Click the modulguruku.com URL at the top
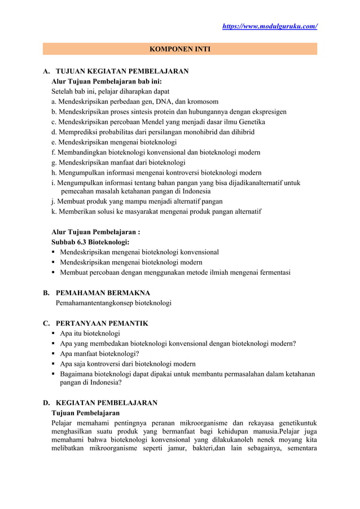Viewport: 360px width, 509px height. (x=270, y=26)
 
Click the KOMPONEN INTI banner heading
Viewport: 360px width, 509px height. (x=179, y=50)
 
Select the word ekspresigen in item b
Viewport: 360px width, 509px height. (x=267, y=112)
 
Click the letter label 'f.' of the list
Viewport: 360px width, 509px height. (x=54, y=152)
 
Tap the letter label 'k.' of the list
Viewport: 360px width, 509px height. (x=54, y=212)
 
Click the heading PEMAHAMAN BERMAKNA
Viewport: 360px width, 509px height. (x=103, y=293)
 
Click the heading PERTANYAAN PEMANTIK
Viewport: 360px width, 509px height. (x=102, y=323)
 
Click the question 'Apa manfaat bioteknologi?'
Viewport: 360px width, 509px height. (x=99, y=354)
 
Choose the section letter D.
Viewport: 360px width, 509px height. (x=46, y=403)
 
